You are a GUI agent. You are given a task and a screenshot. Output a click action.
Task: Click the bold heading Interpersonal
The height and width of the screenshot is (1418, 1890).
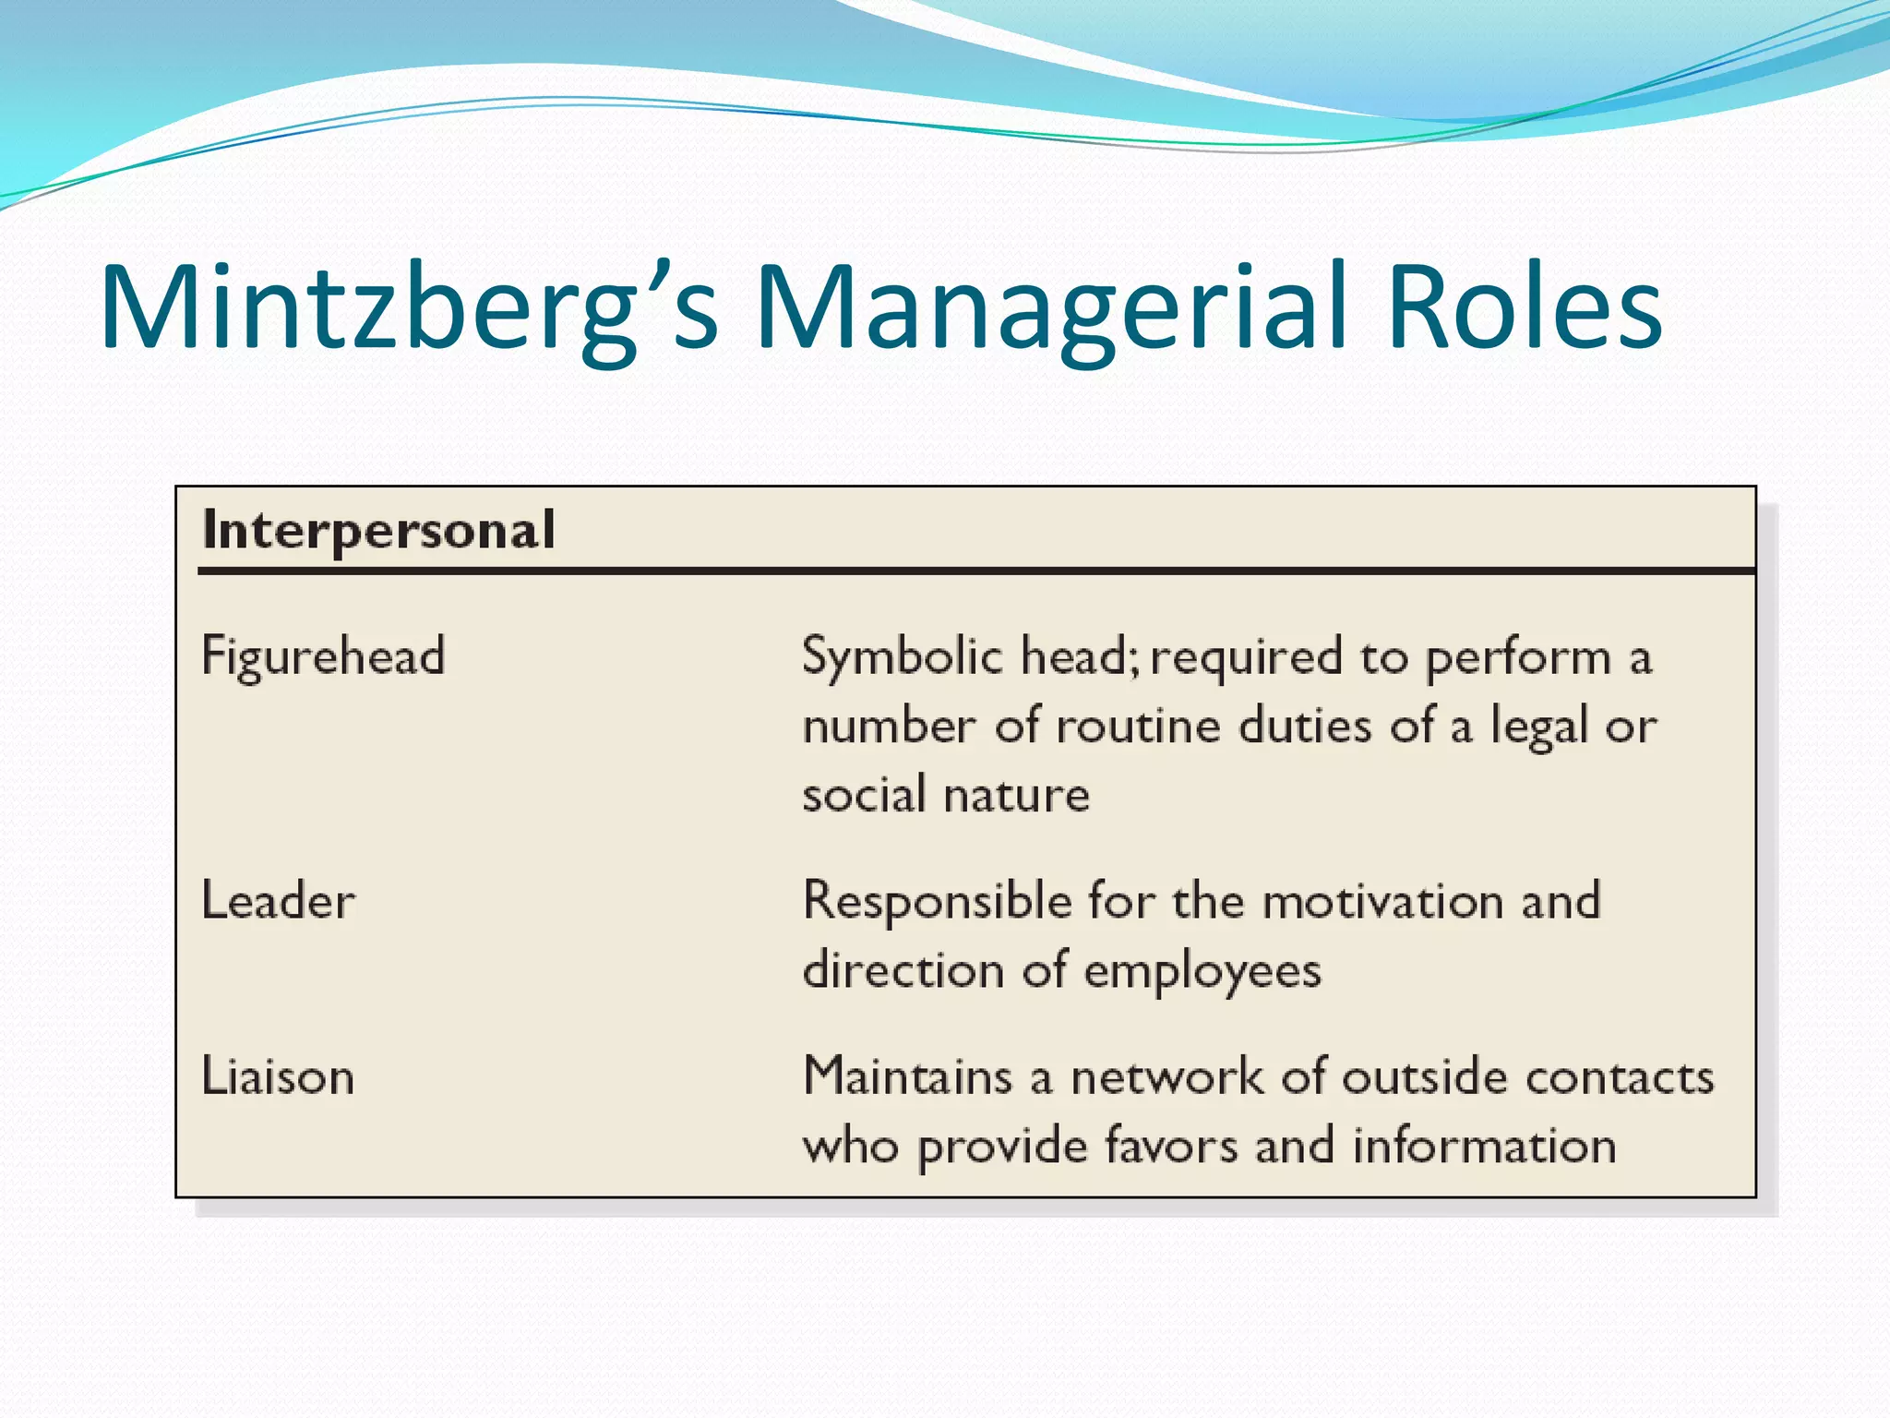coord(378,531)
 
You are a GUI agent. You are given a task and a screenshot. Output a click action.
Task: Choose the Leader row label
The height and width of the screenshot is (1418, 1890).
coord(278,901)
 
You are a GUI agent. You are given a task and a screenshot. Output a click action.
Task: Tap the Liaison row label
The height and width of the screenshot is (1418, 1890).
coord(278,1076)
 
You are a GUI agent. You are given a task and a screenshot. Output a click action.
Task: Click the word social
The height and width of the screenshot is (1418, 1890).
coord(864,794)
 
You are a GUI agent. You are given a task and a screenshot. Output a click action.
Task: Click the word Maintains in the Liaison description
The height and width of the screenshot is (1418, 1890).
coord(908,1076)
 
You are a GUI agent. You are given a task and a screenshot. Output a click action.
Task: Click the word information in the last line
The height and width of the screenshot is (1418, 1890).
coord(1484,1146)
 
